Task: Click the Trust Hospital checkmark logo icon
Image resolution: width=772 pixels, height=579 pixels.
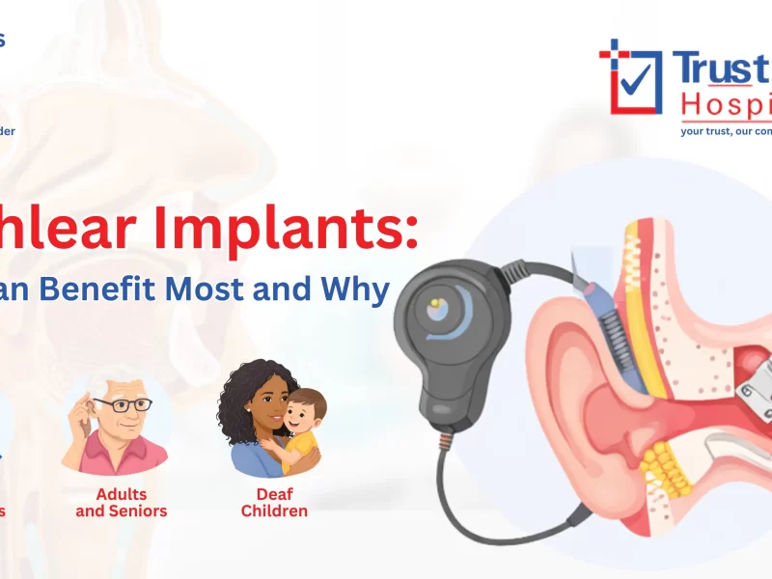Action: click(629, 76)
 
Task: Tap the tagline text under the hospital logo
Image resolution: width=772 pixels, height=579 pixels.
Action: click(724, 128)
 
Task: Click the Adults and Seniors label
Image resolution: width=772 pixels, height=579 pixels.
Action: click(122, 502)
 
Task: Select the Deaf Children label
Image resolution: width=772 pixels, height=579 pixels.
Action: click(274, 502)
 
